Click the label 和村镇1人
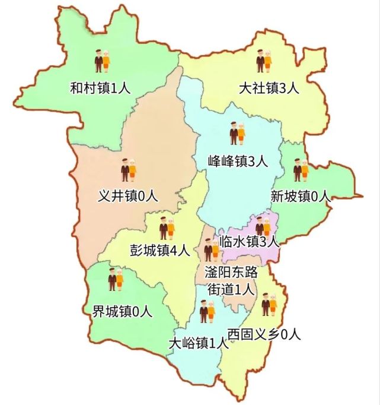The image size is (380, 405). pyautogui.click(x=100, y=89)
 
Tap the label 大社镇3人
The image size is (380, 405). pyautogui.click(x=269, y=89)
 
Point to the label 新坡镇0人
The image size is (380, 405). pyautogui.click(x=299, y=196)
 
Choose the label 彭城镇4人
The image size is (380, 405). pyautogui.click(x=159, y=251)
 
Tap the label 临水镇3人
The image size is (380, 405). pyautogui.click(x=248, y=241)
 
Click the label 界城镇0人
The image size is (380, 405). pyautogui.click(x=123, y=310)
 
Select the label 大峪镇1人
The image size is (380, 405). pyautogui.click(x=198, y=343)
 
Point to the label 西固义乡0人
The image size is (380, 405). pyautogui.click(x=264, y=334)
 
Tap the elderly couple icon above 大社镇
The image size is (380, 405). pyautogui.click(x=264, y=62)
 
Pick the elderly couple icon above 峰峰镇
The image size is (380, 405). pyautogui.click(x=238, y=133)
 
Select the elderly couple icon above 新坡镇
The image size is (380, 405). pyautogui.click(x=301, y=170)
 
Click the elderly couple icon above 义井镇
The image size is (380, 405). pyautogui.click(x=129, y=170)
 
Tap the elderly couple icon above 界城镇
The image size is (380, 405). pyautogui.click(x=115, y=280)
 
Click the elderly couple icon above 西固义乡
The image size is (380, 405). pyautogui.click(x=269, y=305)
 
